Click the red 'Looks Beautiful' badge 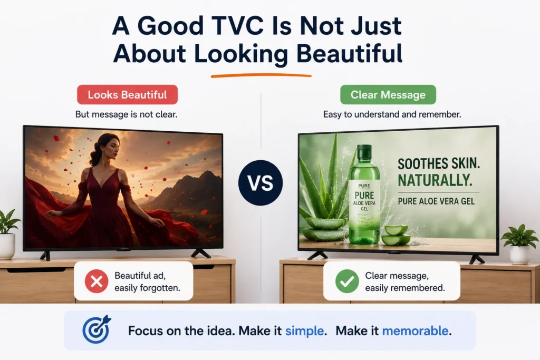(128, 95)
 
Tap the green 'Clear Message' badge (388, 95)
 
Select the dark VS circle (261, 183)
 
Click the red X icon (97, 281)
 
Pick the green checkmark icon (347, 281)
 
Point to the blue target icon (97, 329)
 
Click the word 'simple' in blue (304, 330)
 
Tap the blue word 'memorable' (416, 330)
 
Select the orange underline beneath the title (261, 76)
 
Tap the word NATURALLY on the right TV (435, 180)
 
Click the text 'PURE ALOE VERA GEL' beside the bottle (436, 201)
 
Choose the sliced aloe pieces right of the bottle (396, 235)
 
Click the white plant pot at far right (519, 255)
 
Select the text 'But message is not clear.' (127, 114)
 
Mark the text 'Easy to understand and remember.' (392, 114)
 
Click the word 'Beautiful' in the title (349, 54)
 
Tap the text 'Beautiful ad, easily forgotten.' (148, 281)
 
